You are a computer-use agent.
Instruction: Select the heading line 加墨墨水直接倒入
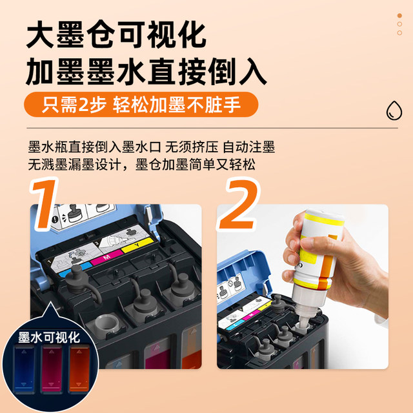click(x=146, y=72)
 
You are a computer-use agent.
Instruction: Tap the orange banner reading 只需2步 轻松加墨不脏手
click(x=141, y=105)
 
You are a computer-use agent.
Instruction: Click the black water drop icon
click(x=392, y=110)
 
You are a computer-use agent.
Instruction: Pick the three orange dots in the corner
click(x=399, y=22)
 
